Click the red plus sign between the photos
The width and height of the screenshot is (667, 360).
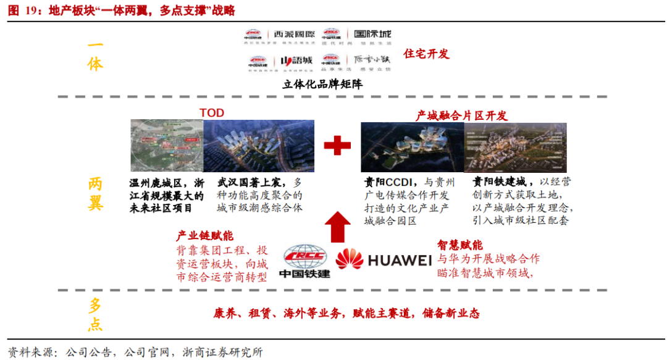point(337,146)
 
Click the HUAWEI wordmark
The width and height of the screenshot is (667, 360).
point(400,260)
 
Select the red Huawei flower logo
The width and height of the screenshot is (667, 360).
point(350,259)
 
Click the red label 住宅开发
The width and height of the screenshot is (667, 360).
point(426,54)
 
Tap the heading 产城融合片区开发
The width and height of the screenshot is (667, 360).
point(461,115)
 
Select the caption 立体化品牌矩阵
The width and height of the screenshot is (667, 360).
point(322,85)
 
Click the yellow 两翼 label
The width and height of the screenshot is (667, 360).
point(95,193)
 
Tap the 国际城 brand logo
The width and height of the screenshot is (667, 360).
point(369,34)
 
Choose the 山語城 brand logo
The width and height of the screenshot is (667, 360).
point(296,61)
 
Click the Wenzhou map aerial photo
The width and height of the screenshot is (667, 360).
point(167,146)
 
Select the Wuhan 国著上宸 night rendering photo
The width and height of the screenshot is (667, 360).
point(259,146)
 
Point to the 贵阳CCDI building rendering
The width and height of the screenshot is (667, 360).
point(412,147)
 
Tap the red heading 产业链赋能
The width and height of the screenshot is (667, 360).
point(205,236)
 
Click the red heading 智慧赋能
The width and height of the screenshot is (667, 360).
point(460,245)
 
